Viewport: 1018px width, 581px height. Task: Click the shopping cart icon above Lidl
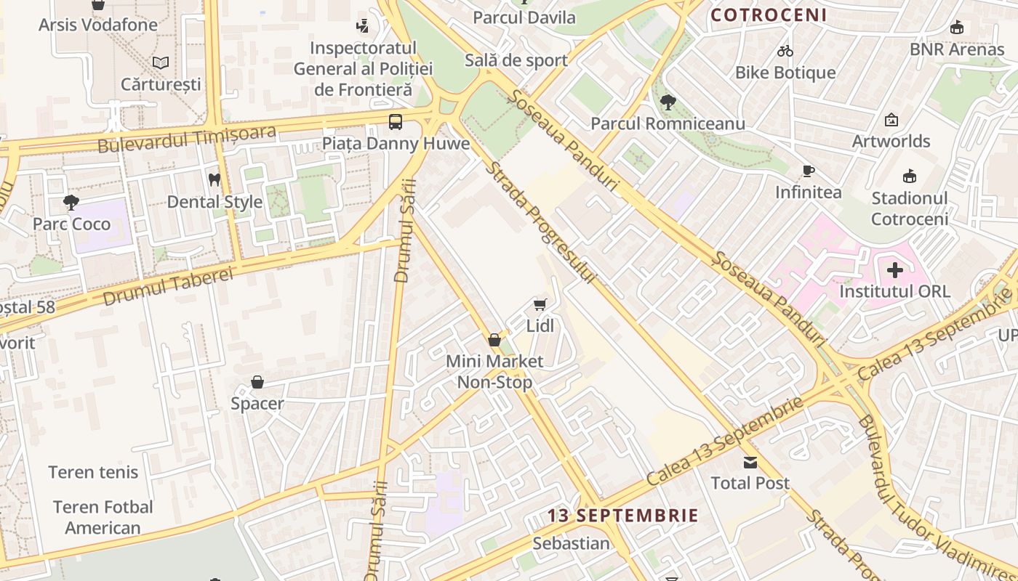[x=540, y=305]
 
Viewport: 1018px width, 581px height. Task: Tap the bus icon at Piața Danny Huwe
[x=396, y=122]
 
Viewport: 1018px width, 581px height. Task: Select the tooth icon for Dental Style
[x=215, y=179]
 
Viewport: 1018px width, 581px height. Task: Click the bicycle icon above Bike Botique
[x=785, y=51]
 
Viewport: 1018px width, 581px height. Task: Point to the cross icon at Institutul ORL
[x=895, y=271]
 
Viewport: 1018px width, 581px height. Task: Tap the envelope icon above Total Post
[x=750, y=463]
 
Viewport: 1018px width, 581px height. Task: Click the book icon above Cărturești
[x=161, y=63]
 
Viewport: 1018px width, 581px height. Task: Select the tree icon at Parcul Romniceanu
[x=668, y=102]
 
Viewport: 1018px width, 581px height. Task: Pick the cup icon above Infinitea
[x=808, y=171]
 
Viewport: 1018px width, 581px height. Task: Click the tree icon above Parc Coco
[x=71, y=203]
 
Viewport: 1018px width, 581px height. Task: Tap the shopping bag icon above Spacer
[x=257, y=382]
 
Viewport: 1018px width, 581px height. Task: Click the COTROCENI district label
[x=769, y=15]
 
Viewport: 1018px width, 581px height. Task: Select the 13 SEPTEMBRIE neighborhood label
[x=622, y=516]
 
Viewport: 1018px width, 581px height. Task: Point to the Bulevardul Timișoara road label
[x=187, y=139]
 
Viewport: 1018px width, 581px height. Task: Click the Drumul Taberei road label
[x=168, y=285]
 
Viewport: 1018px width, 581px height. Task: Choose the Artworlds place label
[x=891, y=141]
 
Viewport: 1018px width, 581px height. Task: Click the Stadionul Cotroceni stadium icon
[x=909, y=176]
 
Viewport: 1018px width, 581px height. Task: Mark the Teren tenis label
[x=93, y=472]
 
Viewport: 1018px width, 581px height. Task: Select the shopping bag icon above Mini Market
[x=494, y=340]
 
